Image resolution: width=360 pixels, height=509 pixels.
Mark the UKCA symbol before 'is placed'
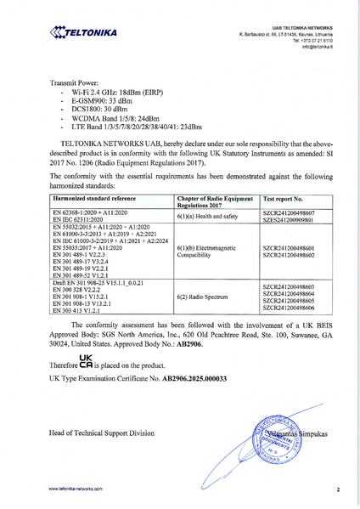point(86,360)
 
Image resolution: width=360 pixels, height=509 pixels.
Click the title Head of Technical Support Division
point(103,433)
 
